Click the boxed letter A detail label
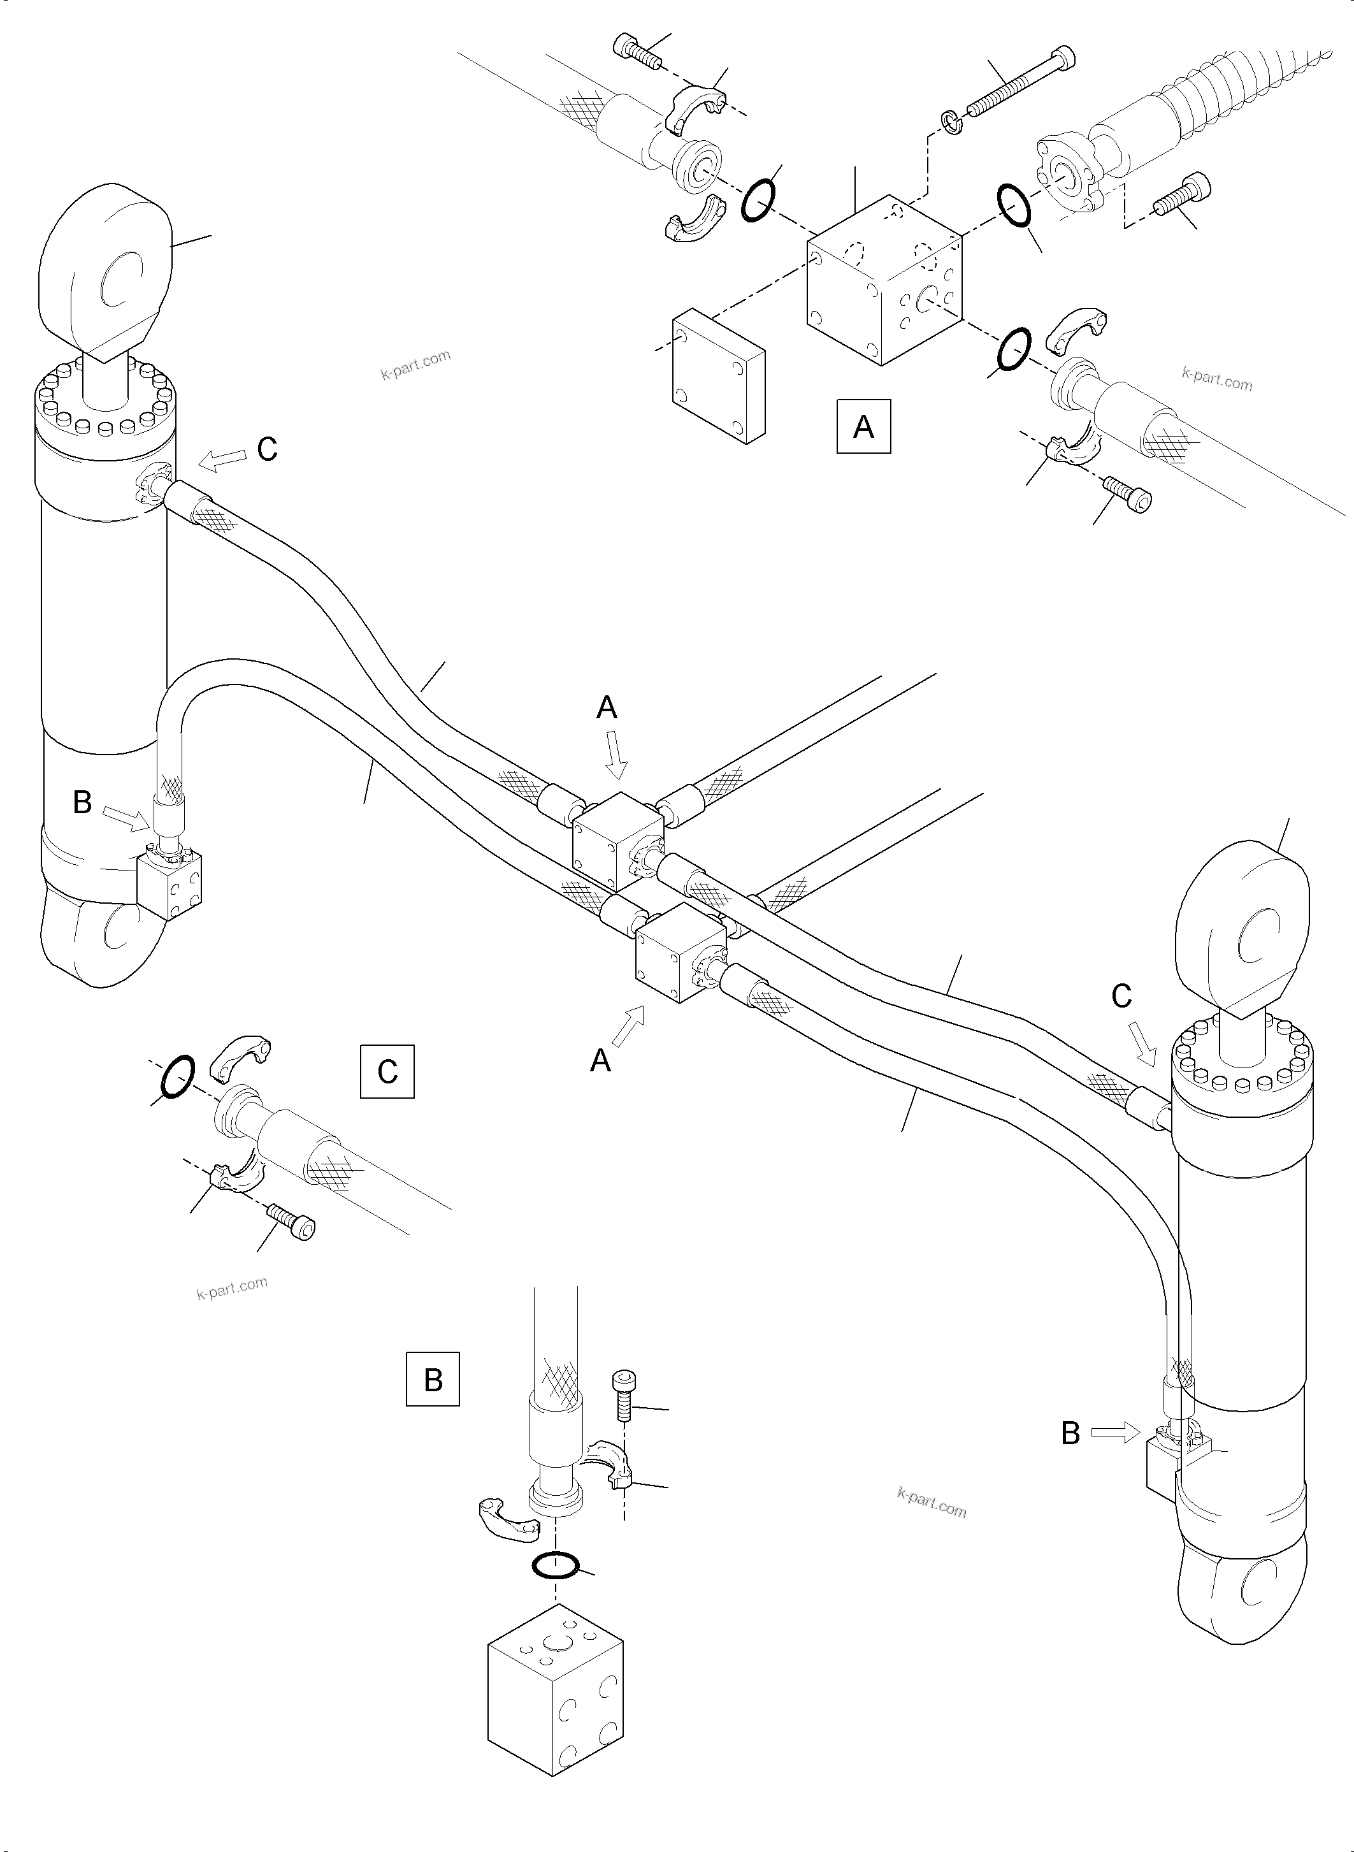point(863,426)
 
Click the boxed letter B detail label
point(433,1380)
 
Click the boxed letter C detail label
point(387,1071)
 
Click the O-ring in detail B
point(556,1565)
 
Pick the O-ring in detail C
point(178,1076)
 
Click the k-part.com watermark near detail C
point(232,1289)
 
